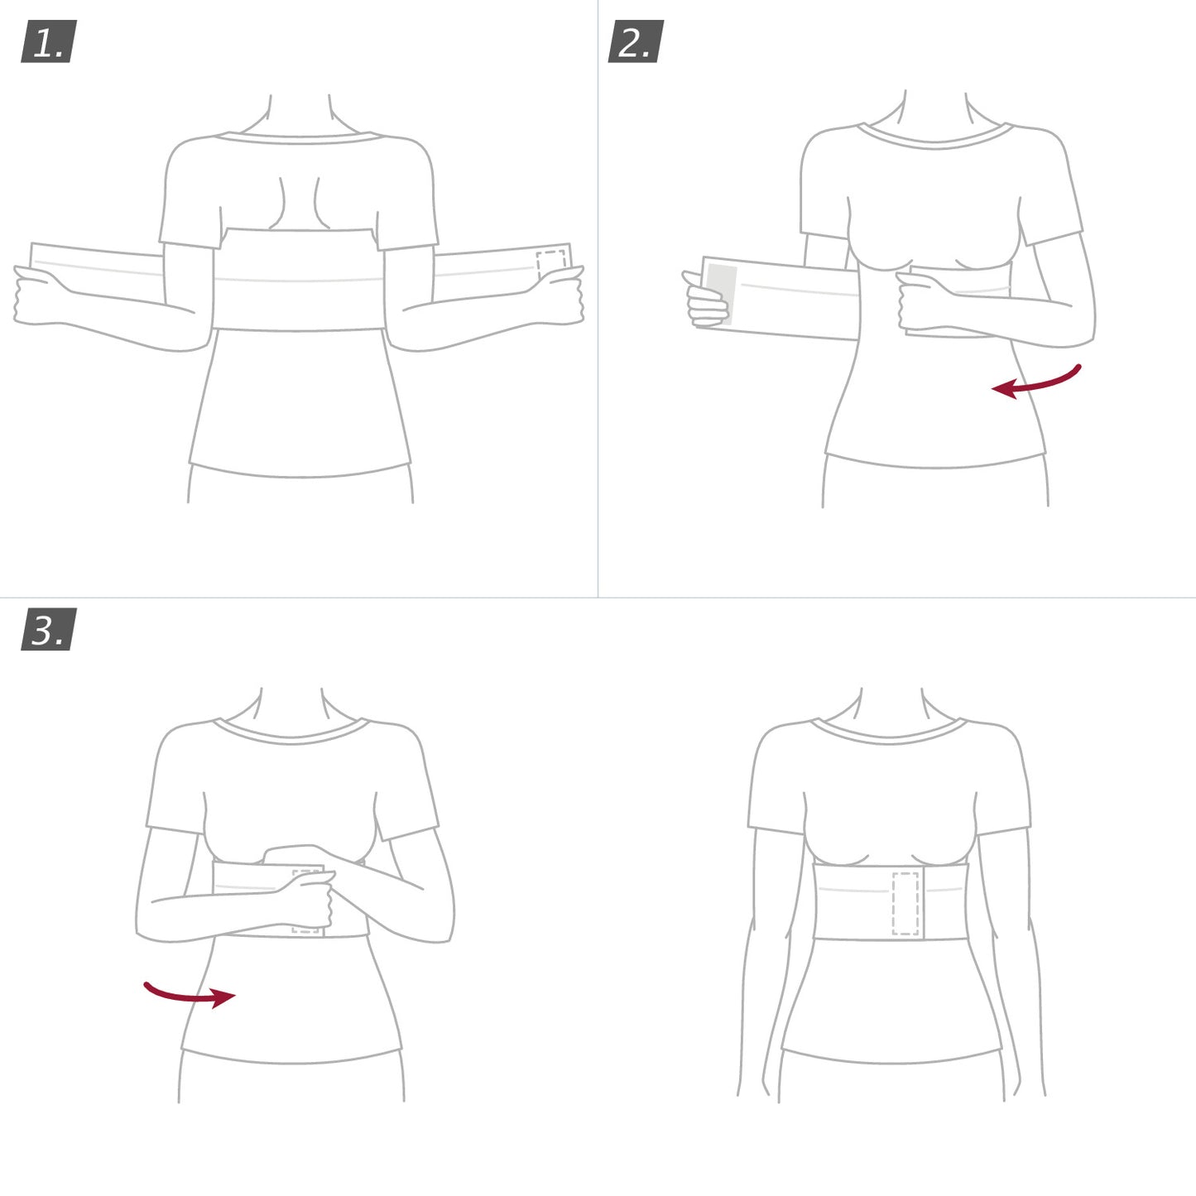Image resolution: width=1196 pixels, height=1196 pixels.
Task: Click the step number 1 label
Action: click(48, 41)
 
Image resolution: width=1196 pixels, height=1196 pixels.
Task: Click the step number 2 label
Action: click(636, 41)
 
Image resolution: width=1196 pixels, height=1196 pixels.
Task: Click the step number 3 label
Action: click(48, 629)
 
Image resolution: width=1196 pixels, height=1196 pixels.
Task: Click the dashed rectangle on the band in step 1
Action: click(550, 263)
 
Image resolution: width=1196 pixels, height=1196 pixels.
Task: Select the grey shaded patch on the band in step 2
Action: click(722, 294)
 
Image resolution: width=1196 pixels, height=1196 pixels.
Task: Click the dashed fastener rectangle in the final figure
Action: click(905, 903)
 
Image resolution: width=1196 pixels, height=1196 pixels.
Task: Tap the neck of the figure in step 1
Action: click(300, 116)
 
